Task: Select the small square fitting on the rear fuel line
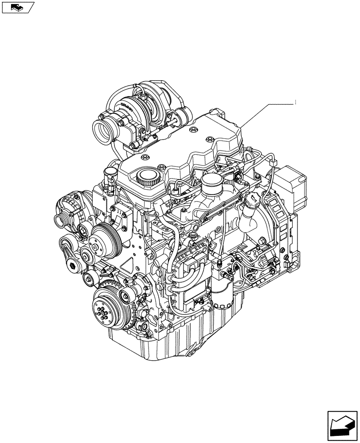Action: pyautogui.click(x=219, y=266)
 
